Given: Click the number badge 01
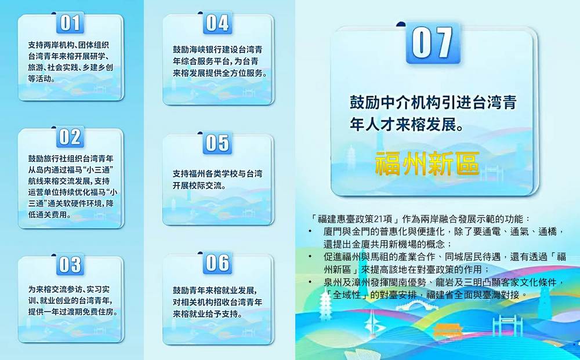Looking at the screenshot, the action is pos(70,23).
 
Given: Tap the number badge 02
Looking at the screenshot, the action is pos(70,137).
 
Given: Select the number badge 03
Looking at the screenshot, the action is pos(70,265).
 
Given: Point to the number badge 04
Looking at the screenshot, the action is pos(217,23).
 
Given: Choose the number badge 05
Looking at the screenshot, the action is pos(217,143).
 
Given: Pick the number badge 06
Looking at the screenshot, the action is pos(217,263).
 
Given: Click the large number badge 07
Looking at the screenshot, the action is pos(433,43).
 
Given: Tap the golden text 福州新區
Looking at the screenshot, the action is pos(427,163).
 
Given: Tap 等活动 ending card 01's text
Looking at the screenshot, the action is pos(41,78).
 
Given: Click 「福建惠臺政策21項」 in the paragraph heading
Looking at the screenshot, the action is pos(356,219).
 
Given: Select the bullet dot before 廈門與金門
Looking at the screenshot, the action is pos(310,231).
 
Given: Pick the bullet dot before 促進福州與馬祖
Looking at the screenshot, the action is pos(310,256).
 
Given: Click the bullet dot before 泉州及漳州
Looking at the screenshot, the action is pos(310,282).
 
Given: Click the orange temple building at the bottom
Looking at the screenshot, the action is pos(448,329).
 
